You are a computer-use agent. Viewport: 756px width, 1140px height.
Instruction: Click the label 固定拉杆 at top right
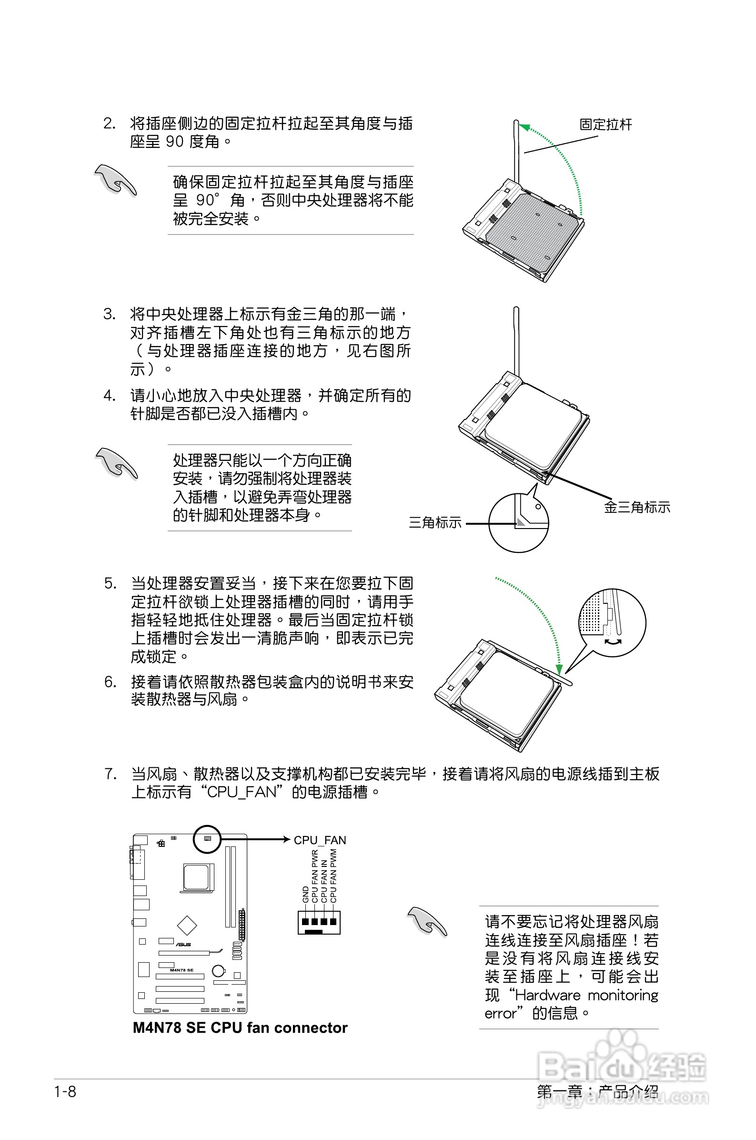pos(605,124)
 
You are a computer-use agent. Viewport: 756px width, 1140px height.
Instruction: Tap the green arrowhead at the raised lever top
pos(524,127)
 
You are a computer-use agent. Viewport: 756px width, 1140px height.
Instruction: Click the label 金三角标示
pos(636,507)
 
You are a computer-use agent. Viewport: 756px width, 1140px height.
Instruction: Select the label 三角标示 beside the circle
pos(435,522)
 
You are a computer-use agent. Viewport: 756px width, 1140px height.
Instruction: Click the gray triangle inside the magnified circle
pos(521,522)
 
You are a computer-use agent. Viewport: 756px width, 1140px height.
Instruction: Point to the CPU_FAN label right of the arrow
pos(320,840)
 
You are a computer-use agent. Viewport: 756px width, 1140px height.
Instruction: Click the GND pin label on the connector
pos(305,894)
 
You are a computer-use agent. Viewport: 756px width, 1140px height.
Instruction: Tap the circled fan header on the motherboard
pos(207,839)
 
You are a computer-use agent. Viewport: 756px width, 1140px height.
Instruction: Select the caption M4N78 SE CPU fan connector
pos(240,1028)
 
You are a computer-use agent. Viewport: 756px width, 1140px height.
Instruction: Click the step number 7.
pos(111,774)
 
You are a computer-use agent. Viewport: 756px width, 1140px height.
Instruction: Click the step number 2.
pos(110,123)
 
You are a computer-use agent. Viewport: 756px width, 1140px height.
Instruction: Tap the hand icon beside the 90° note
pos(116,180)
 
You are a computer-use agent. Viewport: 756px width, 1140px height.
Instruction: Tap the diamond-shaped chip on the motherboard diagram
pos(187,925)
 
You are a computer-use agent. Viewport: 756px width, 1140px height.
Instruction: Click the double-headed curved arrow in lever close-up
pos(612,642)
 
